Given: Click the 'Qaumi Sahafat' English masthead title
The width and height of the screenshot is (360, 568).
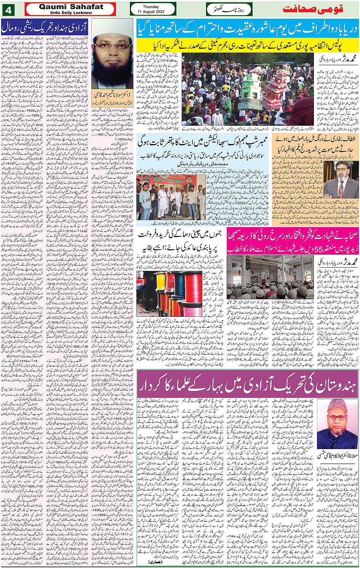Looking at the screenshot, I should (x=71, y=7).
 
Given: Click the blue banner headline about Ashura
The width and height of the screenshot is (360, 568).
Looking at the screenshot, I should (x=248, y=29).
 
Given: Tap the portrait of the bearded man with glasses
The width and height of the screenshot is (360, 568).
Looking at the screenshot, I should (x=112, y=59).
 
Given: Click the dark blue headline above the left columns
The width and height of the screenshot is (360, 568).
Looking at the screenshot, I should (x=45, y=27).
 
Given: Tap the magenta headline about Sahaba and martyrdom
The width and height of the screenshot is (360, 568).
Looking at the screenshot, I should (x=292, y=241).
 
